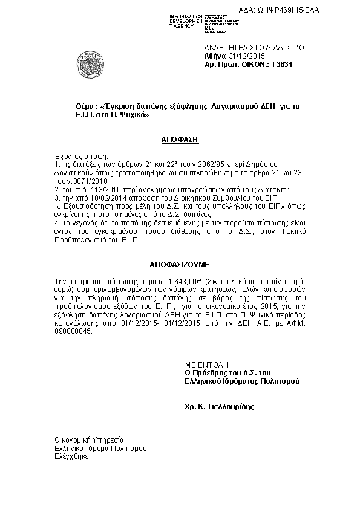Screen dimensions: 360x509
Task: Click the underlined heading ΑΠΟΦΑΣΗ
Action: (180, 138)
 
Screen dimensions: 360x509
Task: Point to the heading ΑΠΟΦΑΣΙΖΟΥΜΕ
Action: (179, 265)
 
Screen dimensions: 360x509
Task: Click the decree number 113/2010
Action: (91, 189)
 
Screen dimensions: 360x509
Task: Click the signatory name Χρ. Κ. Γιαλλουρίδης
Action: (220, 407)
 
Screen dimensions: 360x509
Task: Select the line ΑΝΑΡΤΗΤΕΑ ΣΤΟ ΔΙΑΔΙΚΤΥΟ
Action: (246, 47)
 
